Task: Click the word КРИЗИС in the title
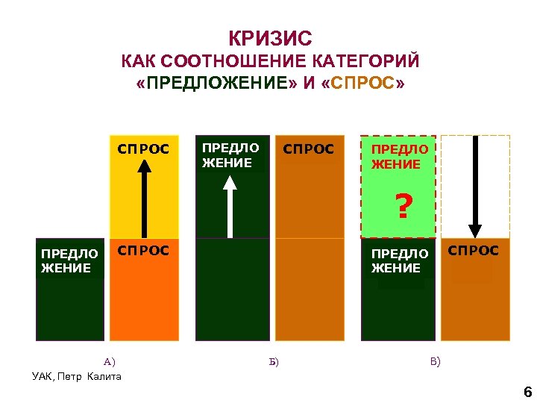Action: tap(270, 38)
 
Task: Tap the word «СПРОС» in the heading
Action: tap(368, 81)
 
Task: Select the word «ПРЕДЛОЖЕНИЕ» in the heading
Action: tap(217, 81)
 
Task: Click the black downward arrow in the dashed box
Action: tap(475, 187)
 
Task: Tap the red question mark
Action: tap(403, 206)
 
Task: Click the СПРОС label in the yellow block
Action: tap(144, 149)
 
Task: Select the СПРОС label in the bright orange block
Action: tap(144, 250)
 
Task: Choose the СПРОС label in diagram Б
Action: tap(309, 149)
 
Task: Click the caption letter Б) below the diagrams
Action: tap(272, 363)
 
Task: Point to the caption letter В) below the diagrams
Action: tap(435, 362)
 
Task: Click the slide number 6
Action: tap(527, 393)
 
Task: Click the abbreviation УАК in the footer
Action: tap(43, 375)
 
